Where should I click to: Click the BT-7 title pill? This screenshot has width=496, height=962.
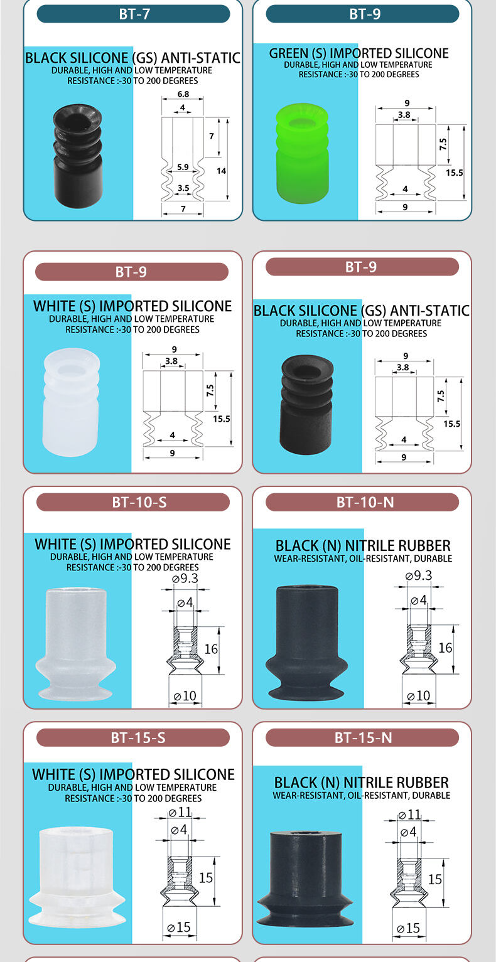tap(134, 14)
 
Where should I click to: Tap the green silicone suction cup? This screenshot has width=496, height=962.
tap(303, 153)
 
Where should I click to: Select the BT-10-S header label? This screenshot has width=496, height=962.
tap(139, 503)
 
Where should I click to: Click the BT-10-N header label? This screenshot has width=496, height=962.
tap(365, 503)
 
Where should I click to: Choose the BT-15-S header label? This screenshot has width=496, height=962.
tap(138, 738)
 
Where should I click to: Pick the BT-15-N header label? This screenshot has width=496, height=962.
tap(363, 738)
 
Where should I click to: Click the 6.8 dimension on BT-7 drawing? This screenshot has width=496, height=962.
tap(183, 94)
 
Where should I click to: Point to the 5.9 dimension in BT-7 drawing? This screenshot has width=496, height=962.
tap(183, 167)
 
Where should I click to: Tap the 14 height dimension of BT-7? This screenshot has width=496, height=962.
tap(222, 171)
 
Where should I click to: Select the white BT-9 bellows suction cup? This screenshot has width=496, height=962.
tap(71, 402)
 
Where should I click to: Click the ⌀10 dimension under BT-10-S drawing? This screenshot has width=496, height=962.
tap(185, 696)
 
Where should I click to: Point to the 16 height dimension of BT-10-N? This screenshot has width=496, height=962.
tap(445, 648)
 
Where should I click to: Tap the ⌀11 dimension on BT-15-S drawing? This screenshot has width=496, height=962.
tap(180, 812)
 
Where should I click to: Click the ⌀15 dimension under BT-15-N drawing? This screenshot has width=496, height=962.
tap(408, 929)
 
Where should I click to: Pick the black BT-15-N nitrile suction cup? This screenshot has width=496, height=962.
tap(305, 879)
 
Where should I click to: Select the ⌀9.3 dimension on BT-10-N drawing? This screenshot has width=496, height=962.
tap(419, 575)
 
